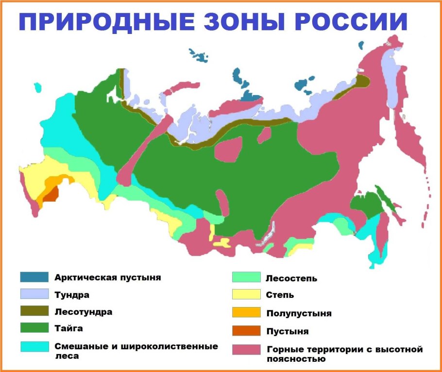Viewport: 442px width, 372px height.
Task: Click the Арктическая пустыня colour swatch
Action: pyautogui.click(x=34, y=277)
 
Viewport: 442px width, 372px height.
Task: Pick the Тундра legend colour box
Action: pyautogui.click(x=34, y=294)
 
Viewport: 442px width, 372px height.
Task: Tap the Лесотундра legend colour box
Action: pyautogui.click(x=34, y=311)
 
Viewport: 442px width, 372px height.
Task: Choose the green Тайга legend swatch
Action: pyautogui.click(x=34, y=328)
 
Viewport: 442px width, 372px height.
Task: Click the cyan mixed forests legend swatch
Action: pyautogui.click(x=34, y=346)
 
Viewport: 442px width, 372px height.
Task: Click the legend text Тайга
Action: pyautogui.click(x=69, y=328)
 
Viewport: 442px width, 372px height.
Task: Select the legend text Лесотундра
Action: pyautogui.click(x=83, y=312)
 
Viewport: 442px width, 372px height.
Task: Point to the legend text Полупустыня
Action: pyautogui.click(x=299, y=313)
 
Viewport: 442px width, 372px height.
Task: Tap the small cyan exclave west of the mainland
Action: pyautogui.click(x=37, y=87)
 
